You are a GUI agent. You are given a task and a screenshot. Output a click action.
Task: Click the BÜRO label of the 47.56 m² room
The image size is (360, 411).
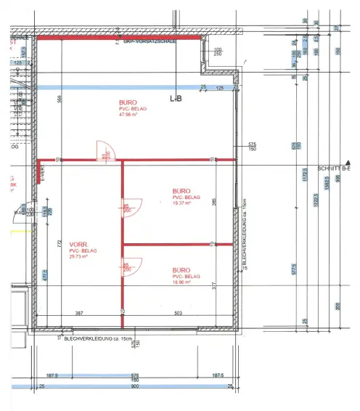tap(128, 102)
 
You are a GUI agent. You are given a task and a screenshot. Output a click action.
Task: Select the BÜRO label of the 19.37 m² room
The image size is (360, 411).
tap(181, 191)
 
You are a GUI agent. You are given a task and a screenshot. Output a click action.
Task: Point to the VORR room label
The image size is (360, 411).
tap(78, 244)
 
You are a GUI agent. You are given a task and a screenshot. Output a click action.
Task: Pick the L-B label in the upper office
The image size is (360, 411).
tap(176, 97)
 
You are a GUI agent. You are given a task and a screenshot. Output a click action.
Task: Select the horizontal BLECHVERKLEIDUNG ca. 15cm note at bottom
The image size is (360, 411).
tap(99, 338)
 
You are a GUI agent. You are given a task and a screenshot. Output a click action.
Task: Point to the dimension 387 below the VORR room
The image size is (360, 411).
tap(81, 313)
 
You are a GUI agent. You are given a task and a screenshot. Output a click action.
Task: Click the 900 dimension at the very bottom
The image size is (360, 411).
tap(134, 387)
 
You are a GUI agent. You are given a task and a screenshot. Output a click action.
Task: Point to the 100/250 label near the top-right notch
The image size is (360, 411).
tap(218, 52)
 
